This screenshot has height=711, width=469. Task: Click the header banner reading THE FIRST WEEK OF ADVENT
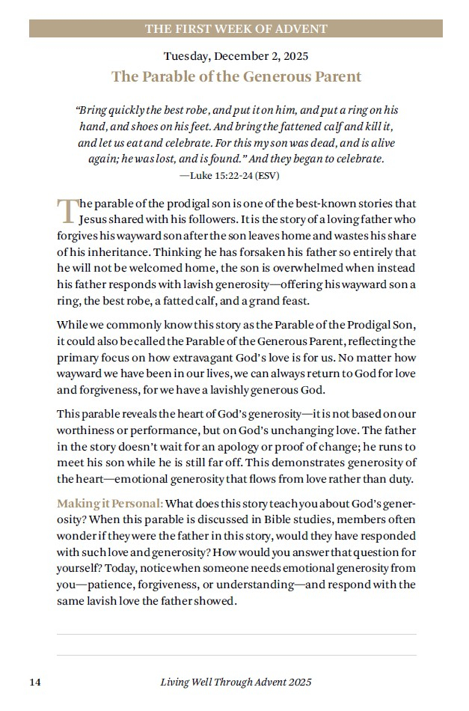pos(236,29)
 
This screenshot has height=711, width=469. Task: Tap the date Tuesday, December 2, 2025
pos(236,56)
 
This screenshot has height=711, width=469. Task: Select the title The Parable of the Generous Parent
pos(236,76)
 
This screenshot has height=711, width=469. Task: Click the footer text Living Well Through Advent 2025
pos(236,682)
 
